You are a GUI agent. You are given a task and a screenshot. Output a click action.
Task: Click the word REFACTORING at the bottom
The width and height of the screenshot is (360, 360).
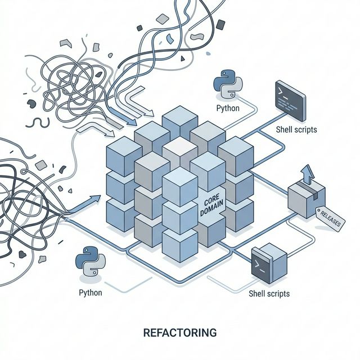pyautogui.click(x=180, y=333)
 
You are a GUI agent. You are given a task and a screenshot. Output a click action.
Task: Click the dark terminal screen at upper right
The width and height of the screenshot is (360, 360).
pyautogui.click(x=289, y=97)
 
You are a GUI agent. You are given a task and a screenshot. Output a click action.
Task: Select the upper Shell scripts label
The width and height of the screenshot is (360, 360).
pyautogui.click(x=296, y=129)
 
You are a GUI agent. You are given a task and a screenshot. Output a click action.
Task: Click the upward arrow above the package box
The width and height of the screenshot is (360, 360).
pyautogui.click(x=308, y=173)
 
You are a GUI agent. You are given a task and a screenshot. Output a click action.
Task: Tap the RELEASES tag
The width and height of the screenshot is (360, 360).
pyautogui.click(x=330, y=219)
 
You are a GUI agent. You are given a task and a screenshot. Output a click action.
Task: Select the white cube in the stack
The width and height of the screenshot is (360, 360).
pyautogui.click(x=179, y=150)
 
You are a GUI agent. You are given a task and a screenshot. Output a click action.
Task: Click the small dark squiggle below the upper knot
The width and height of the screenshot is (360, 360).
pyautogui.click(x=38, y=122)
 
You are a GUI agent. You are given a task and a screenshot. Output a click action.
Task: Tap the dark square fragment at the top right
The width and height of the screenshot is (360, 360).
pyautogui.click(x=220, y=24)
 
